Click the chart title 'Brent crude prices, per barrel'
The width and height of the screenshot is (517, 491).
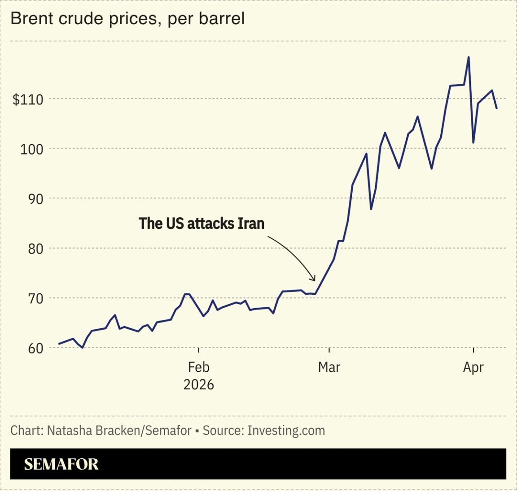[127, 19]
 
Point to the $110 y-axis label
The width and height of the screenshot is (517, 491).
[28, 99]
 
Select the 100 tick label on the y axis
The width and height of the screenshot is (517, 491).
[31, 149]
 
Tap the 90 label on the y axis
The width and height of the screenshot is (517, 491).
[35, 199]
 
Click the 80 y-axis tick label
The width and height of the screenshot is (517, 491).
[35, 249]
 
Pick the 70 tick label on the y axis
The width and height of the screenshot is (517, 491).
[35, 298]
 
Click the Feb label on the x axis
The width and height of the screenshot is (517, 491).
[198, 367]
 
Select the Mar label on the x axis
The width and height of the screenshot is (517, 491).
[329, 367]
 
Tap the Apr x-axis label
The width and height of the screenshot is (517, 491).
[473, 367]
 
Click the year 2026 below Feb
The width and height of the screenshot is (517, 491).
[198, 384]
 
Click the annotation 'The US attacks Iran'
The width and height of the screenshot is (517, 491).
[202, 223]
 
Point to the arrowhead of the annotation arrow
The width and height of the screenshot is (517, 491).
[315, 280]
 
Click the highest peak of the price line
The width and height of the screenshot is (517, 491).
[469, 57]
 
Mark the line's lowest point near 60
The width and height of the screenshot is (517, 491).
[82, 347]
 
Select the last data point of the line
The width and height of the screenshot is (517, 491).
[496, 108]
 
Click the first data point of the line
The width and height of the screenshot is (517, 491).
[59, 344]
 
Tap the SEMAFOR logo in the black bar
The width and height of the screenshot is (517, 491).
[61, 464]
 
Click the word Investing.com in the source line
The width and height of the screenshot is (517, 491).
[286, 431]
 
